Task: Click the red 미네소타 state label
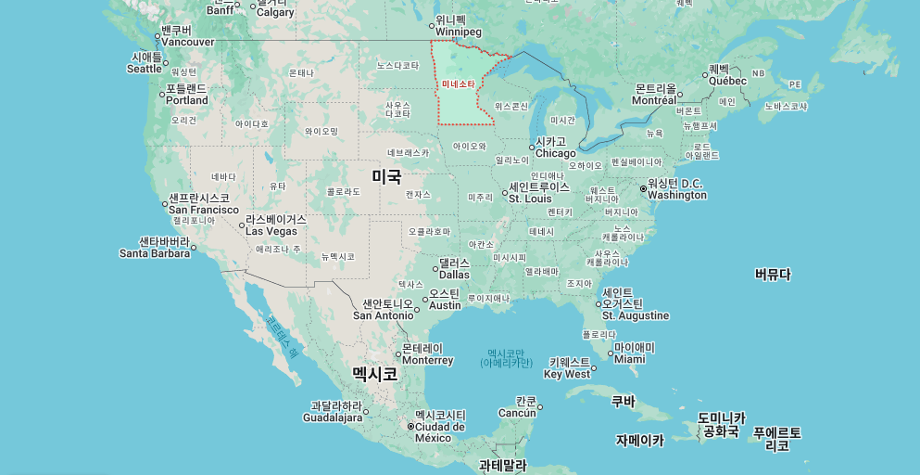click(458, 84)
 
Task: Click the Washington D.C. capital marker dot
click(644, 189)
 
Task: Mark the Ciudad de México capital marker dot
click(410, 427)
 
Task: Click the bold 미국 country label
click(386, 175)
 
